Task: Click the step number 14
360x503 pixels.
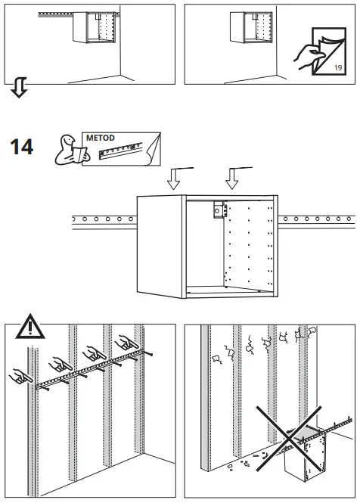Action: pyautogui.click(x=22, y=146)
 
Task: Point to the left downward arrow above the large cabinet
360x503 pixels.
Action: pyautogui.click(x=175, y=179)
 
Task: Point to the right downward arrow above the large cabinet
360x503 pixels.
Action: pyautogui.click(x=232, y=179)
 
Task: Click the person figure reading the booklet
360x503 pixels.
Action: pyautogui.click(x=69, y=149)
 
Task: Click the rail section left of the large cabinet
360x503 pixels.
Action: pyautogui.click(x=102, y=222)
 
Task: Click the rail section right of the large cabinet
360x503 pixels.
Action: pyautogui.click(x=316, y=221)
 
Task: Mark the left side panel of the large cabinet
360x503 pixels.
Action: pyautogui.click(x=161, y=247)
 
